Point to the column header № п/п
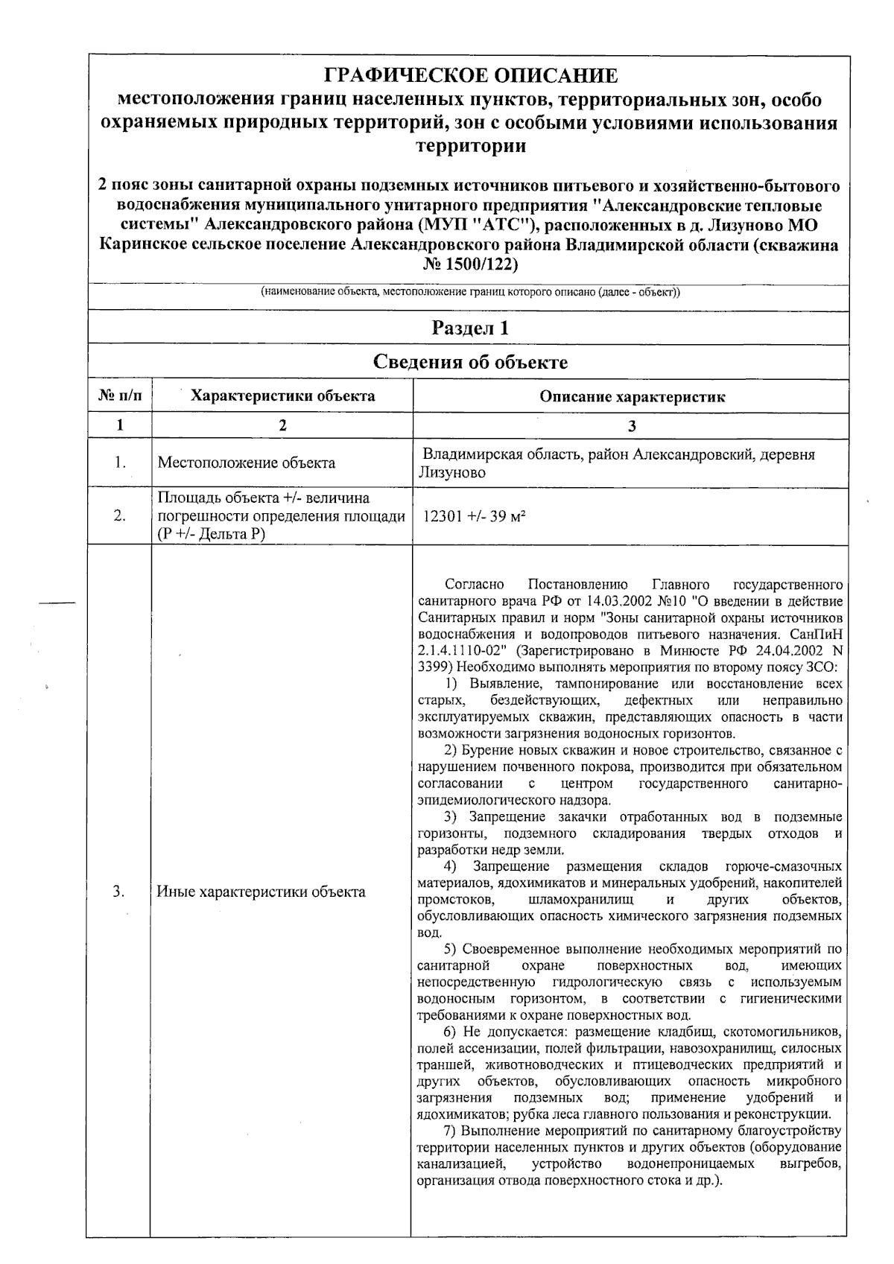(120, 396)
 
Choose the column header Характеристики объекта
(282, 396)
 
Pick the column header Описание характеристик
(632, 396)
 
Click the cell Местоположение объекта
(246, 463)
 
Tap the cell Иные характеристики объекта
(261, 891)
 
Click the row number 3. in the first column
(119, 891)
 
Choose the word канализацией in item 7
(454, 1163)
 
